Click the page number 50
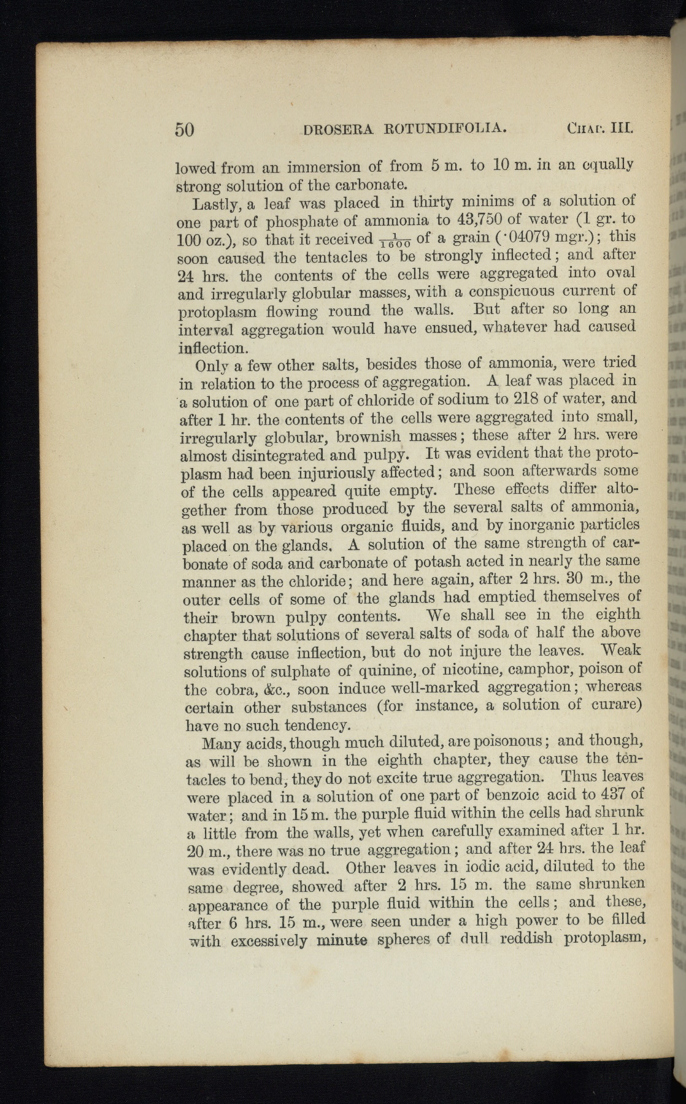click(x=185, y=129)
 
